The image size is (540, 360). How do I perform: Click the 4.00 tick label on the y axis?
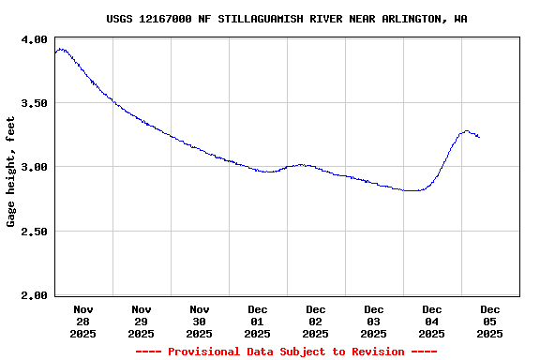(34, 39)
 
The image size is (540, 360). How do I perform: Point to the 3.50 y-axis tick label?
(34, 103)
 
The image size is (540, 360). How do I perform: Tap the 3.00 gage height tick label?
(34, 167)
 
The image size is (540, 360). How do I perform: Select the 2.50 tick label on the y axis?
(34, 232)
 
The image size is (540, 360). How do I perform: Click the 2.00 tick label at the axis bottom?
(34, 295)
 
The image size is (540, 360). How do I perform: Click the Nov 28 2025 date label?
(82, 321)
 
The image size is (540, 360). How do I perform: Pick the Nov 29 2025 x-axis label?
(141, 321)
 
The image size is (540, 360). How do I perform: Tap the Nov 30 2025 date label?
(199, 321)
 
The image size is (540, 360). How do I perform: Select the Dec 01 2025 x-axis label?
(257, 321)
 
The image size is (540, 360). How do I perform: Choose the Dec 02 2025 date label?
(315, 321)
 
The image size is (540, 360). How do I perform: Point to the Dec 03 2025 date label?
(373, 321)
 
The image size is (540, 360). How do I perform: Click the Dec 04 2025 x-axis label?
(431, 321)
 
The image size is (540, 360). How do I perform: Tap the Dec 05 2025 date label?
(489, 321)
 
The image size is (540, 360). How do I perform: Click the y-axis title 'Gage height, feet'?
(11, 172)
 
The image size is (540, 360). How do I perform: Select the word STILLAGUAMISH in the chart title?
(254, 19)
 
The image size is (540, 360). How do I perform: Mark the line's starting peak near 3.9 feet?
(61, 49)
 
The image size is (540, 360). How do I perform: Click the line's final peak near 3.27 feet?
(466, 131)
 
